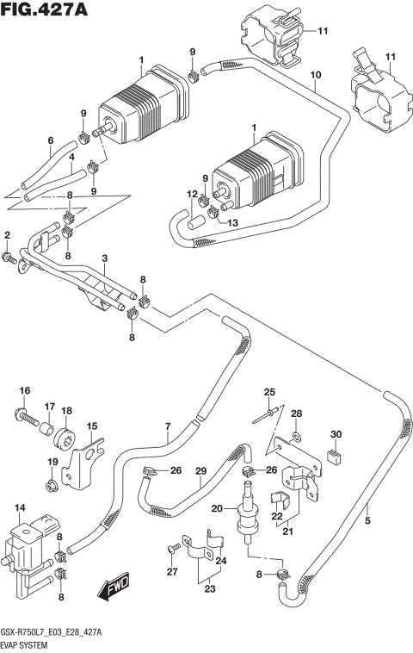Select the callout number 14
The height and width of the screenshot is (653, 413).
tap(20, 507)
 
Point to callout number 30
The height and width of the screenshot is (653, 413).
tap(336, 433)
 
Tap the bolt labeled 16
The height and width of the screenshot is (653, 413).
tap(28, 420)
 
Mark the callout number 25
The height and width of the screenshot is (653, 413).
tap(268, 393)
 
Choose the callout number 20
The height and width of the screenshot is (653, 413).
tap(217, 507)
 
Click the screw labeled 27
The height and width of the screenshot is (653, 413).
tap(174, 547)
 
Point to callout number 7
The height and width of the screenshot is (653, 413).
tap(169, 426)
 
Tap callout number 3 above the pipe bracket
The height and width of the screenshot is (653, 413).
tap(103, 258)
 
